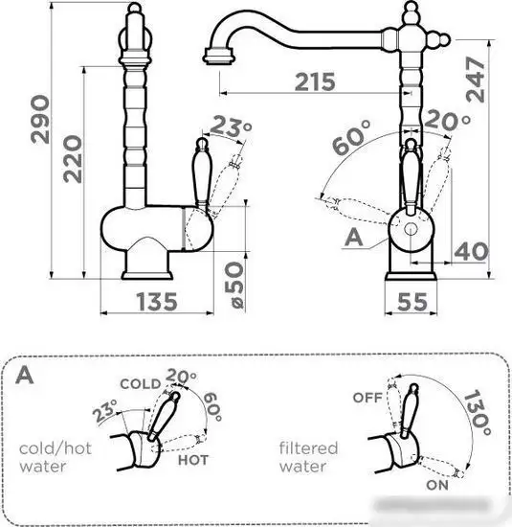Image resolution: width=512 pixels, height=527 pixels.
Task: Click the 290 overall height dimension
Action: tap(40, 120)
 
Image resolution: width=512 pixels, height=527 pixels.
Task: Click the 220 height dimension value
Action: tap(73, 159)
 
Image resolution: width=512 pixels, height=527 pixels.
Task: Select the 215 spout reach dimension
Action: tap(315, 81)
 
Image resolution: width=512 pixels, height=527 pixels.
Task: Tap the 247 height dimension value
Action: tap(475, 80)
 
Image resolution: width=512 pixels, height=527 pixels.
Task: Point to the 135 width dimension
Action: tap(157, 302)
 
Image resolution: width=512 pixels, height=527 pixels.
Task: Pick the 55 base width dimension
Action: tap(412, 302)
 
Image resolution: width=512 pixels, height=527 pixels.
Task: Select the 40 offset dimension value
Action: tap(471, 251)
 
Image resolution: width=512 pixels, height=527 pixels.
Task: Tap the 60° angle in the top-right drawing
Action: tap(351, 137)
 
